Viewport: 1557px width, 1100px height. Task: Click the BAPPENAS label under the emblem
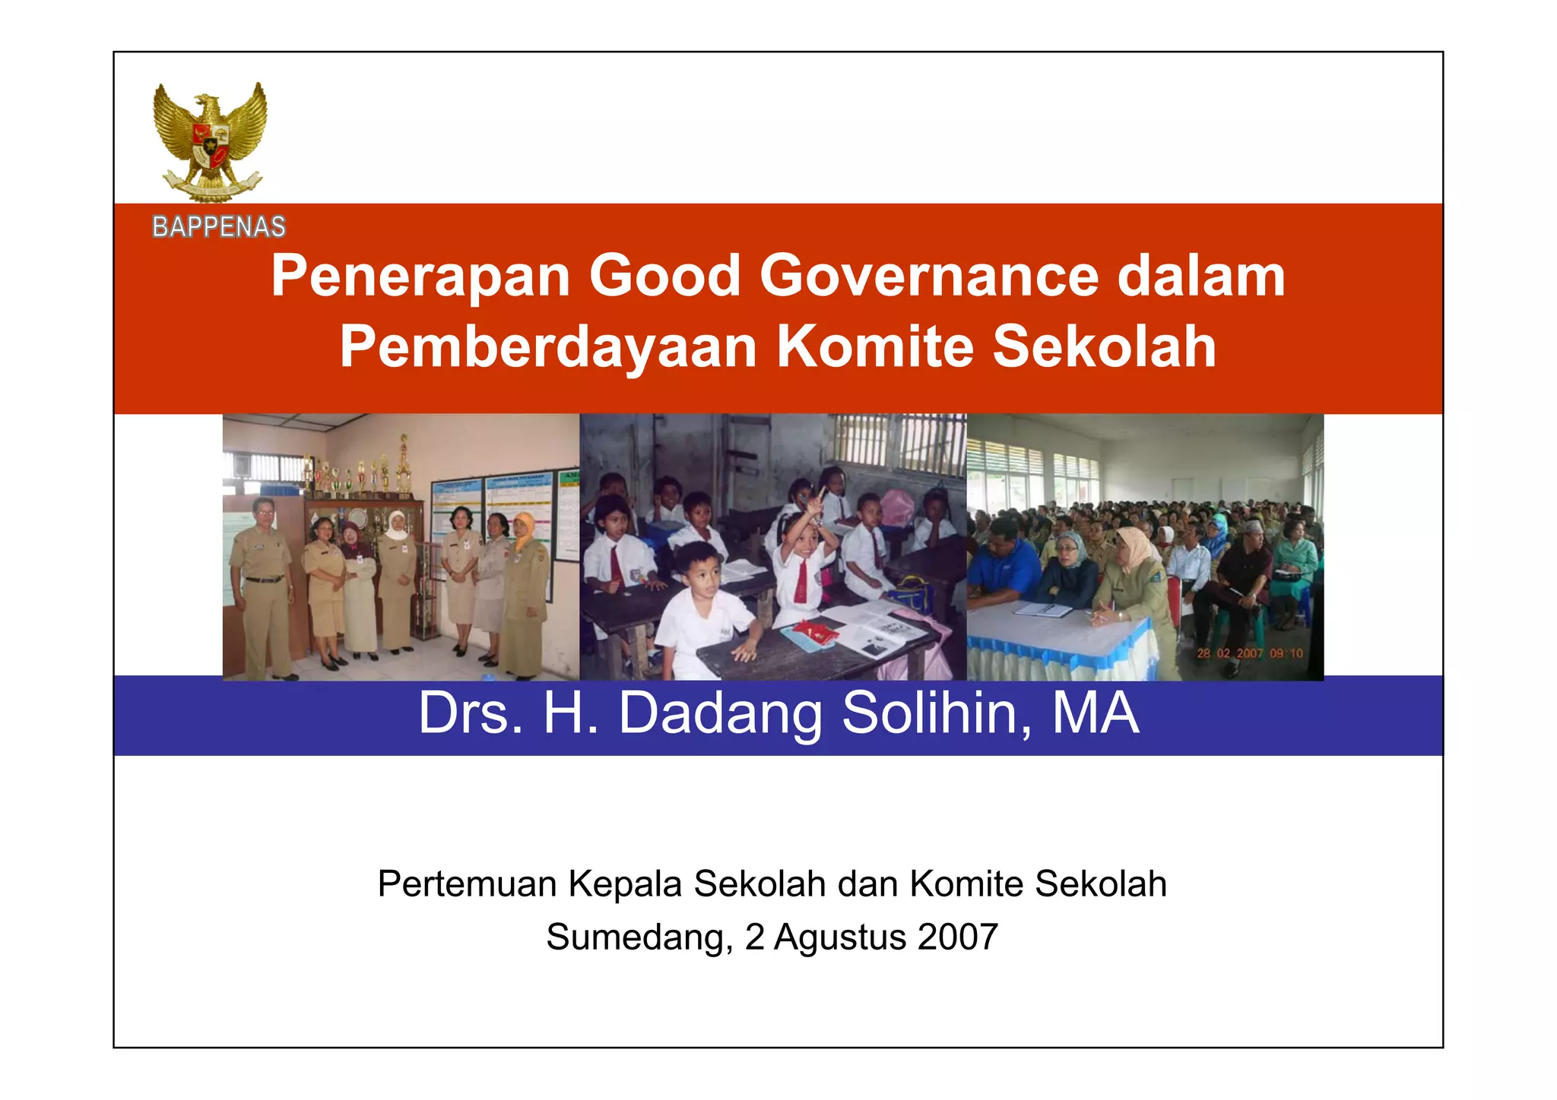219,227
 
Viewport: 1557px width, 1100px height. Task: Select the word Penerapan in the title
420,277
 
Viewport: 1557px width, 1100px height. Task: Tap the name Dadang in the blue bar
720,715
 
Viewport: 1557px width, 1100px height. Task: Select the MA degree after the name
1096,713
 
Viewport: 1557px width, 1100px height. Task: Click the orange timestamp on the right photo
1249,653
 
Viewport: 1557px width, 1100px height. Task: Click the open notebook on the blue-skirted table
1043,608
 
